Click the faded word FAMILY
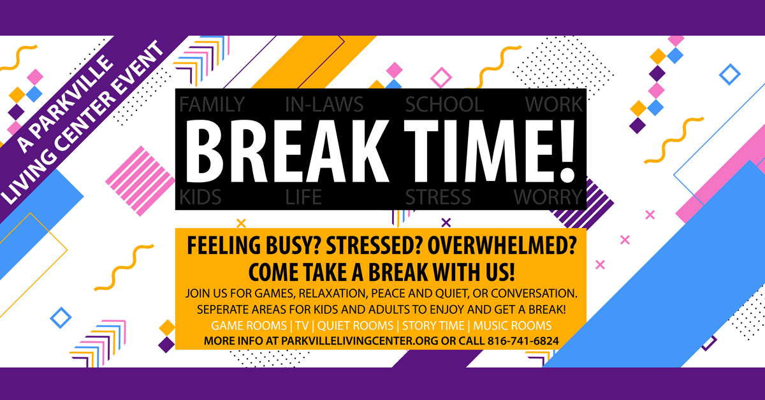pos(212,104)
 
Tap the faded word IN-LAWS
pos(324,104)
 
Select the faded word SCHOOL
pos(444,104)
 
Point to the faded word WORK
pos(553,104)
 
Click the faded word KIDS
pos(200,197)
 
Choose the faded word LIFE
pos(303,197)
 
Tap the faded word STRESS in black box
pos(438,197)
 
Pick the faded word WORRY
pos(548,197)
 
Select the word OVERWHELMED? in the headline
pos(502,245)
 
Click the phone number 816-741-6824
pos(523,341)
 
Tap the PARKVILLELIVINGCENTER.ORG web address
pos(360,341)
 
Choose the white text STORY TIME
pos(433,325)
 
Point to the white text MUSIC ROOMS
pos(513,325)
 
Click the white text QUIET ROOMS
pos(355,325)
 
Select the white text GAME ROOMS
pos(249,325)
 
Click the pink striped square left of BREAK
pos(140,181)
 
